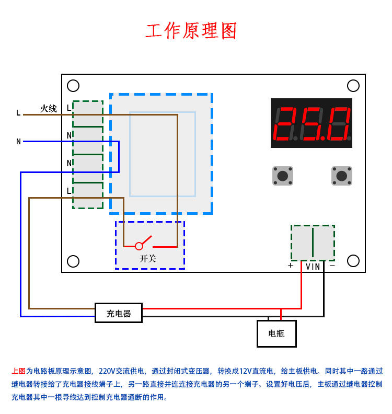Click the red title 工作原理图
coord(191,31)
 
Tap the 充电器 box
coord(119,313)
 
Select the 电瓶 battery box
coord(276,333)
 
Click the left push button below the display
coord(282,176)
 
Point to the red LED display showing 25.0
coord(312,123)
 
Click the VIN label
coord(313,267)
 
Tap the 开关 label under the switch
coord(148,258)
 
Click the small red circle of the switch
coord(139,246)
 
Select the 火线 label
coord(49,109)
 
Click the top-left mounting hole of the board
coord(73,85)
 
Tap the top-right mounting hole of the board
coord(353,85)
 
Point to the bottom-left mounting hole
coord(73,261)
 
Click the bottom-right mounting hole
coord(353,260)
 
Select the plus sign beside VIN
coord(291,266)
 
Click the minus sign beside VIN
coord(332,266)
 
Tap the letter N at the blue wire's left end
coord(19,142)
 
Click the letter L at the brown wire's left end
coord(18,113)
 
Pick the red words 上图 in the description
coord(18,371)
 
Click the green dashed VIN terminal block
coord(313,243)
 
